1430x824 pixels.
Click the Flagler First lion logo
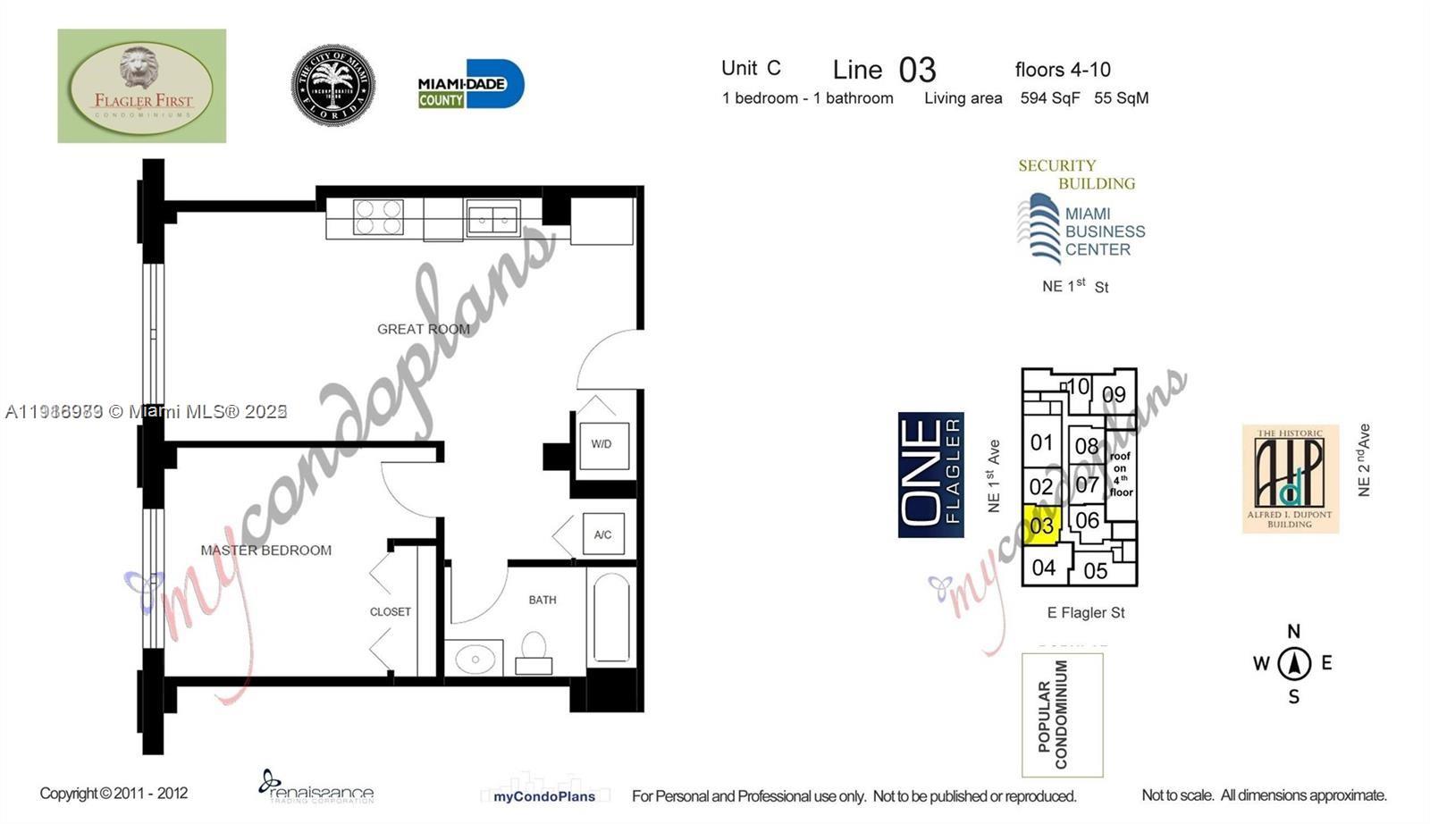tap(141, 86)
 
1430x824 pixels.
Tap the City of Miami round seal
tap(333, 86)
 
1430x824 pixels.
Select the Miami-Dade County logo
tap(470, 85)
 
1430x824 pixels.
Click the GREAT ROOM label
tap(423, 329)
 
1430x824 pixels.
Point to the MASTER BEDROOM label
tap(265, 551)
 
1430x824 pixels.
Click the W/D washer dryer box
tap(601, 444)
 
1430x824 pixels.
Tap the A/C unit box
tap(603, 534)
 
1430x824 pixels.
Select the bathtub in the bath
tap(611, 618)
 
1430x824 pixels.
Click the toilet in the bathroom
tap(534, 652)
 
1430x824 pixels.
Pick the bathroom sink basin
tap(475, 660)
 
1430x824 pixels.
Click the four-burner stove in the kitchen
tap(377, 217)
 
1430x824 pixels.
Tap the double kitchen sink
tap(492, 219)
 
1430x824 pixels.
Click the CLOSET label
tap(391, 612)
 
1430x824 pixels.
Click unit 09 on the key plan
tap(1114, 394)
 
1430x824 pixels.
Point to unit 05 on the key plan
tap(1096, 571)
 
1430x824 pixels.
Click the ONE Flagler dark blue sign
tap(930, 475)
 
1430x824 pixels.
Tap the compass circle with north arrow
tap(1293, 664)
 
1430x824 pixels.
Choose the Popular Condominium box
tap(1062, 715)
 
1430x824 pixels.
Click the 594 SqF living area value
tap(1050, 98)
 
